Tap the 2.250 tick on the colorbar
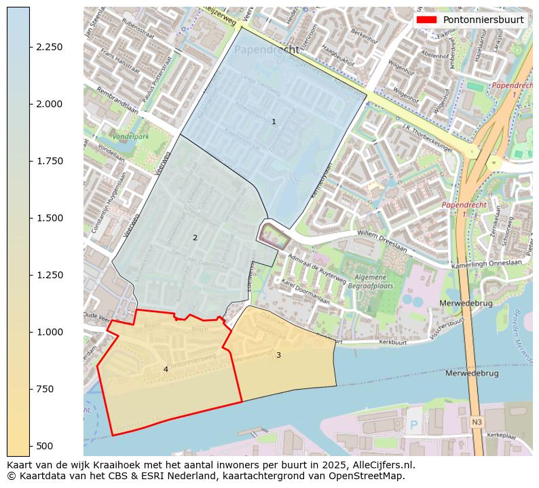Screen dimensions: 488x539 click(50, 47)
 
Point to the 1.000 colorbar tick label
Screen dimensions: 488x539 click(50, 332)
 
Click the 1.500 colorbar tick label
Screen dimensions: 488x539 click(50, 218)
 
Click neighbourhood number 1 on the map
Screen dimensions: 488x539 click(274, 122)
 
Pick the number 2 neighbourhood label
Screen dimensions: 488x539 click(195, 238)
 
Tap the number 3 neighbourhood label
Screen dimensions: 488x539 click(278, 355)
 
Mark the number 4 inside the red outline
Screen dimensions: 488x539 click(166, 369)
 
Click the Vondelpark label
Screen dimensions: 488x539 click(131, 136)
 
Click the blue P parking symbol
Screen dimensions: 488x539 click(413, 426)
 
